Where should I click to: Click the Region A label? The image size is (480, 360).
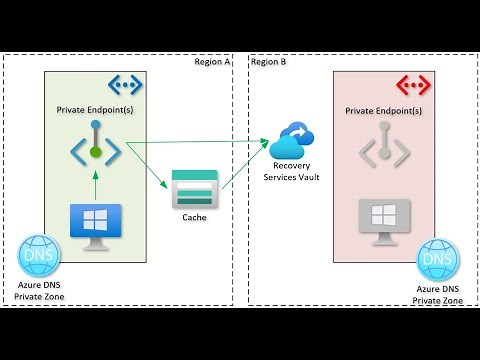pyautogui.click(x=212, y=61)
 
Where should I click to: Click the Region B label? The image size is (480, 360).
pyautogui.click(x=268, y=61)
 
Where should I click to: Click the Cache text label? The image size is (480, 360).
pyautogui.click(x=195, y=217)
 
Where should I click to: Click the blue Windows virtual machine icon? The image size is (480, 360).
pyautogui.click(x=96, y=221)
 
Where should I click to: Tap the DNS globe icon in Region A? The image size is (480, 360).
pyautogui.click(x=39, y=256)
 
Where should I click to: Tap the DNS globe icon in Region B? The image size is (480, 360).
pyautogui.click(x=437, y=260)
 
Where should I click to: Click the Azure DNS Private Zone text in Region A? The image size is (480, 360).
pyautogui.click(x=39, y=292)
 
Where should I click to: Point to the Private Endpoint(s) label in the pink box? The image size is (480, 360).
pyautogui.click(x=381, y=108)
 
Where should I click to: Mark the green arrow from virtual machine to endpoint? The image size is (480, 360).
pyautogui.click(x=96, y=184)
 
